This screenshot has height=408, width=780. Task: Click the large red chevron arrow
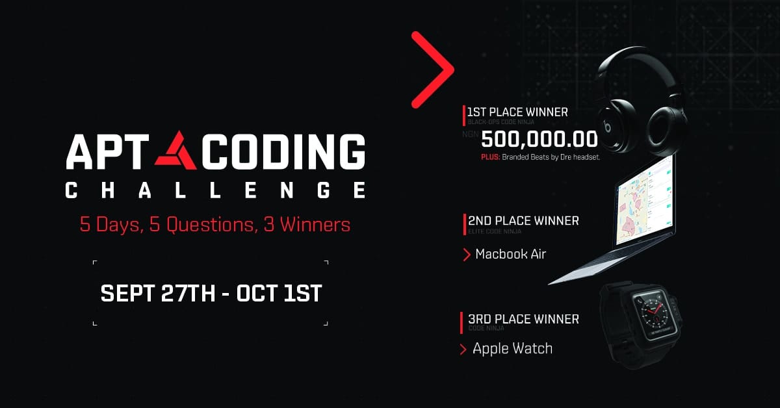pos(433,70)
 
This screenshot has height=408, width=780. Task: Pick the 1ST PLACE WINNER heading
pos(517,112)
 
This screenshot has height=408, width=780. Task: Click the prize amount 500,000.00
pos(539,140)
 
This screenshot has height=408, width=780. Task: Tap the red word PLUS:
pos(490,157)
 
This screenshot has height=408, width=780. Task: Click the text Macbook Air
pos(510,254)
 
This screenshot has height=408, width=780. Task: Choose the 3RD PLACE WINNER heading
pos(523,319)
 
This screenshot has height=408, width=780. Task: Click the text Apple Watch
pos(512,349)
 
